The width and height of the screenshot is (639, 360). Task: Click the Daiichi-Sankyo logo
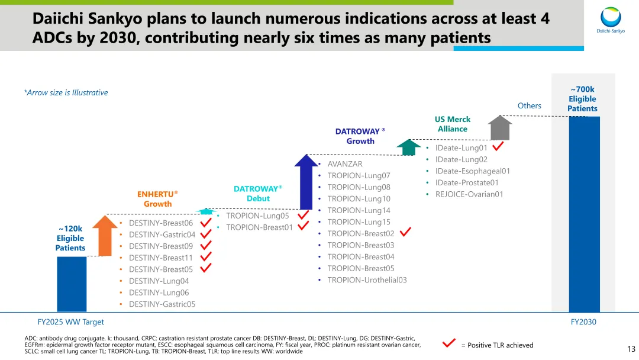(611, 21)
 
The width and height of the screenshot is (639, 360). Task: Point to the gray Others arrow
(500, 127)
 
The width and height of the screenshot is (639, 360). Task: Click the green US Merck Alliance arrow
(408, 147)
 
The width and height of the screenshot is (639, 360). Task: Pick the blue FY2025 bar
(71, 284)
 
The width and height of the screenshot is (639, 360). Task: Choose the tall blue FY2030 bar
(584, 213)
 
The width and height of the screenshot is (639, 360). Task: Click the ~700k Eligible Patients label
(582, 99)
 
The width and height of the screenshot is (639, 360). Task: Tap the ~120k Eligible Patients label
(70, 238)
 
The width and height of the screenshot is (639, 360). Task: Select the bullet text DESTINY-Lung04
(159, 281)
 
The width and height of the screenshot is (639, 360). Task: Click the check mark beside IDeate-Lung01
(498, 146)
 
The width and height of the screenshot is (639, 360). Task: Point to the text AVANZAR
(345, 164)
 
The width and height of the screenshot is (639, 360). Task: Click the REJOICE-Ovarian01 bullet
(469, 194)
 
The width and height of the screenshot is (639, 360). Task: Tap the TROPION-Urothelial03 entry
(367, 280)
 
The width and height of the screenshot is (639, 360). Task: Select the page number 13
(631, 349)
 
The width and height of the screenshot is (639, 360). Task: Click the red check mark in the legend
(449, 343)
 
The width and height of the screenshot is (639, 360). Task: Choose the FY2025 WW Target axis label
(70, 322)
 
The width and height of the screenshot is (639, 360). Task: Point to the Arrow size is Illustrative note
(66, 92)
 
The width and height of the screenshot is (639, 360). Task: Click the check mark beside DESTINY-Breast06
(206, 223)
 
